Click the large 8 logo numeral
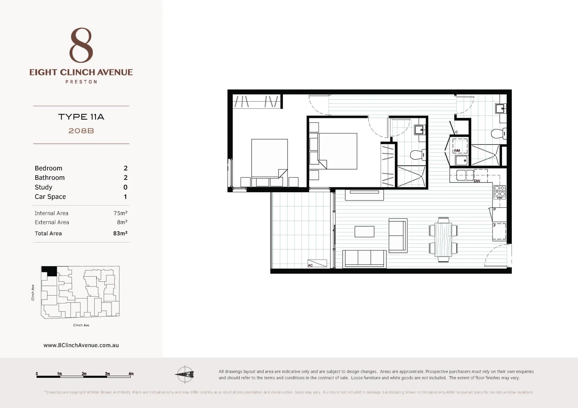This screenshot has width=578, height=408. coord(81,45)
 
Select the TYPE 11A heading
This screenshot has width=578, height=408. coord(81,117)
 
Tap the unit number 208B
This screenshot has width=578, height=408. coord(81,131)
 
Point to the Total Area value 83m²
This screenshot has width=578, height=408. coord(120,233)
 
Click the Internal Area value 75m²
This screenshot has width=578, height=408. coord(120,213)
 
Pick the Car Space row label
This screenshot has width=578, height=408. coord(50,196)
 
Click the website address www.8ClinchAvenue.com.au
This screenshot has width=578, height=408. coord(81,345)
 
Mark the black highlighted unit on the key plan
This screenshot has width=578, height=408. coord(49,270)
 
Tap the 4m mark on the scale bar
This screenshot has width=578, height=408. coord(131,374)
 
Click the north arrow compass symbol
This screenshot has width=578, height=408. coord(185,374)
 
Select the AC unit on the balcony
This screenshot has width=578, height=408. coord(317,263)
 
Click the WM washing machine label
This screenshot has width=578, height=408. coord(457,151)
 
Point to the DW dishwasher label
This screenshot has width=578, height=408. coord(477,181)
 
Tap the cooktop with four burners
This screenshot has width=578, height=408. coord(500,192)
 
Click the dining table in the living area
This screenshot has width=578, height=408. coord(443,240)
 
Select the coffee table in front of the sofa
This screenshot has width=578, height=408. coord(364,232)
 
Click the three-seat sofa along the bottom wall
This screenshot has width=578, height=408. coord(364,258)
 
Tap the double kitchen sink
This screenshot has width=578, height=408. coord(465,175)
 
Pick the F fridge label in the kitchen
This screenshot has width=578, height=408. coord(494,226)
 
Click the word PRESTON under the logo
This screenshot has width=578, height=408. coord(81,82)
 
